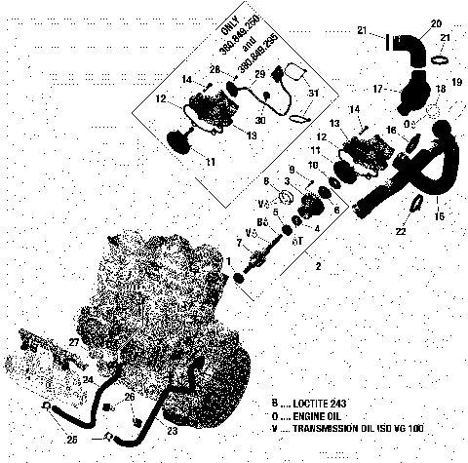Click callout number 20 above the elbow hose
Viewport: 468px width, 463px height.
pos(436,23)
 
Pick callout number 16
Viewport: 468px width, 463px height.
pos(391,129)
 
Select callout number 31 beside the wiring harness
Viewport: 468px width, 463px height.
pos(313,93)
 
